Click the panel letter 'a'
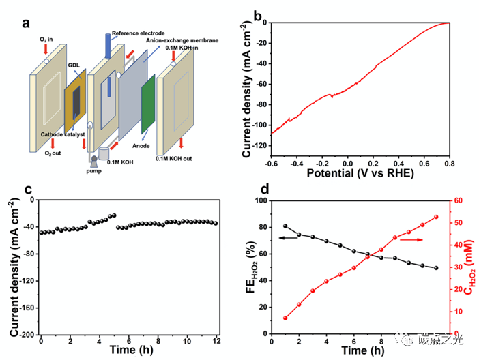(x=26, y=22)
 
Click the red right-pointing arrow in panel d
(x=411, y=240)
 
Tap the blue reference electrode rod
(x=108, y=45)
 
